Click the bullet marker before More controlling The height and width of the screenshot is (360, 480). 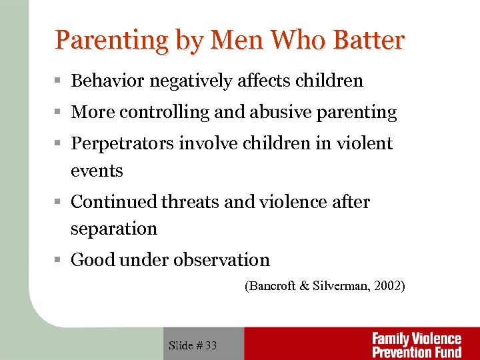[x=59, y=113]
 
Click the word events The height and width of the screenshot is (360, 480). [x=97, y=171]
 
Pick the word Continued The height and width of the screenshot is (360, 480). [x=113, y=201]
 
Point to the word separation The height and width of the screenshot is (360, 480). [x=114, y=229]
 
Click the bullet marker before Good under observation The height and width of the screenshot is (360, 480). [x=59, y=260]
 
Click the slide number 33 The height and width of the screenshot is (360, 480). [x=211, y=345]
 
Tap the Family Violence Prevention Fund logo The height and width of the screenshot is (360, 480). [x=416, y=345]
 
